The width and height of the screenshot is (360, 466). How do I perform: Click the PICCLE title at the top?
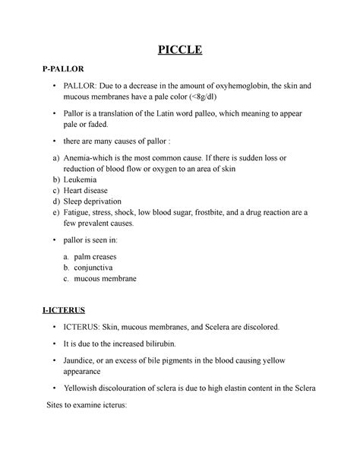coord(179,52)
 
